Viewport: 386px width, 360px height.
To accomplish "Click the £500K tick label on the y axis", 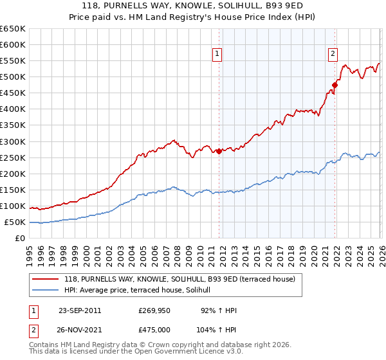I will pyautogui.click(x=12, y=77).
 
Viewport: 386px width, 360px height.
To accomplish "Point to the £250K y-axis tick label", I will pyautogui.click(x=12, y=157).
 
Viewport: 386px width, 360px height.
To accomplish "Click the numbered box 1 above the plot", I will pyautogui.click(x=218, y=55).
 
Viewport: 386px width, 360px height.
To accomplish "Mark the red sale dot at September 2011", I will pyautogui.click(x=219, y=151).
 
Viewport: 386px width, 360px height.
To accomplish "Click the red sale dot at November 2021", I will pyautogui.click(x=335, y=85).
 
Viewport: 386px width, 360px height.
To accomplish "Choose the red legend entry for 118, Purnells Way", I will pyautogui.click(x=179, y=279).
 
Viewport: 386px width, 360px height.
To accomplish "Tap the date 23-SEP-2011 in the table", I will pyautogui.click(x=80, y=310).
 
